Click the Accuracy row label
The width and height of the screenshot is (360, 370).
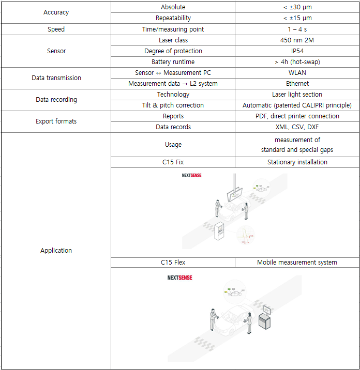pos(56,12)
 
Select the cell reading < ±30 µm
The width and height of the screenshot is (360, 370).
pos(297,7)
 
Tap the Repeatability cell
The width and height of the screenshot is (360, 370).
pos(173,18)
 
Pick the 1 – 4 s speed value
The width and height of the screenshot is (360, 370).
pos(297,29)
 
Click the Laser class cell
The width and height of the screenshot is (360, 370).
pos(173,40)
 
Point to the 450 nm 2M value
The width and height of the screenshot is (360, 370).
pos(297,40)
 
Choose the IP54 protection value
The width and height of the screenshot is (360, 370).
pos(297,51)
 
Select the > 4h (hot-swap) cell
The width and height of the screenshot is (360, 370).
pos(297,62)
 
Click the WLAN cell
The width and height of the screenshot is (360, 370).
pos(297,73)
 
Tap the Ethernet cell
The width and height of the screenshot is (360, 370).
pos(297,84)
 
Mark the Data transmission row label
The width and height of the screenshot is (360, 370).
pos(56,78)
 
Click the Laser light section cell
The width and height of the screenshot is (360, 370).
pos(297,95)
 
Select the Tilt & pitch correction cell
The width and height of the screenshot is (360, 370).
pos(173,105)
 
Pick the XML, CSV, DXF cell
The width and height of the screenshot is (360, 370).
pos(297,127)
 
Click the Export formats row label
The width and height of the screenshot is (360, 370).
pos(56,121)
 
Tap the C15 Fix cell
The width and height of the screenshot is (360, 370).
pos(173,162)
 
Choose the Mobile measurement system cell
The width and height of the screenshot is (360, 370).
pos(297,263)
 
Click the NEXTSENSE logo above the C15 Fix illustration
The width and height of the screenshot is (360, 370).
pos(191,176)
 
